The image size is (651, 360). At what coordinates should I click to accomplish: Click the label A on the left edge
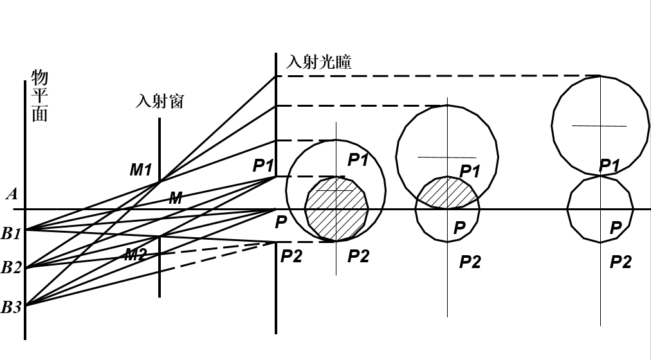coord(11,194)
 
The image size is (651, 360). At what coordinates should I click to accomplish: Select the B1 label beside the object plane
coord(11,233)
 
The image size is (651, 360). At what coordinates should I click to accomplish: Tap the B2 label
coord(11,267)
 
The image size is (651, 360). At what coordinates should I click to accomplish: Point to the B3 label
coord(11,307)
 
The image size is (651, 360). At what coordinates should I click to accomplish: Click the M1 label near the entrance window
coord(140,170)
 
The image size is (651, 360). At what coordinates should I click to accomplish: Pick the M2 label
coord(135,255)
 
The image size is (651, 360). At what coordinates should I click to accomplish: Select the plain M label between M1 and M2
coord(175,199)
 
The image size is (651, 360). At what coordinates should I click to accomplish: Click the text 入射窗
coord(160,101)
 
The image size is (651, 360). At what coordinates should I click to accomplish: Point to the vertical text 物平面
coord(39,96)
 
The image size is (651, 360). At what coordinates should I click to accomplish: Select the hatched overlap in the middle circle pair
coord(448,194)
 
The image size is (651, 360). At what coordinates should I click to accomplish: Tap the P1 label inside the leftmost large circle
coord(358,160)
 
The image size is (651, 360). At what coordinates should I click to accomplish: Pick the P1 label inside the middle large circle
coord(470,171)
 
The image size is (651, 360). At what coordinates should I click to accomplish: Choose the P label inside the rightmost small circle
coord(616,228)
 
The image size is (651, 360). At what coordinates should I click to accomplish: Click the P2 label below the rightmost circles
coord(620,262)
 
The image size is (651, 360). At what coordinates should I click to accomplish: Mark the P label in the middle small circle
coord(459,228)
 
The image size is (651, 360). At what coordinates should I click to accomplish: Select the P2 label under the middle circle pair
coord(470,262)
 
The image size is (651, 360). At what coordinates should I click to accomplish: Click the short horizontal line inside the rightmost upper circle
coord(599,125)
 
